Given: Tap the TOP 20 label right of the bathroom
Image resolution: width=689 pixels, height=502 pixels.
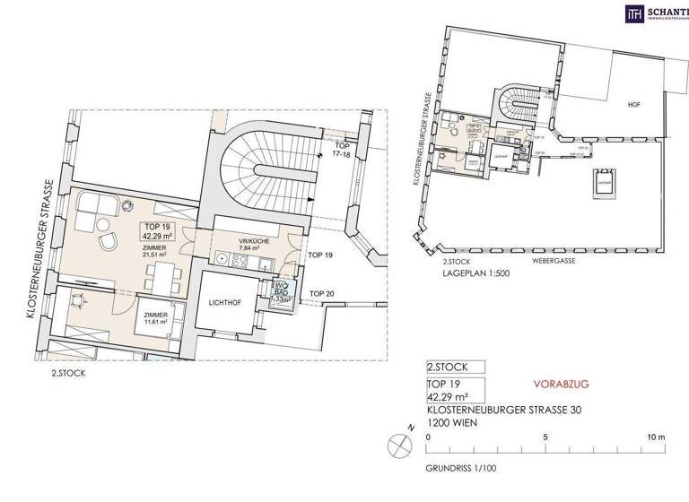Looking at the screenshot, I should pyautogui.click(x=322, y=293).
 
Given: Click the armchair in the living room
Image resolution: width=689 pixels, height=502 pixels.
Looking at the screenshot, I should pyautogui.click(x=109, y=242).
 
